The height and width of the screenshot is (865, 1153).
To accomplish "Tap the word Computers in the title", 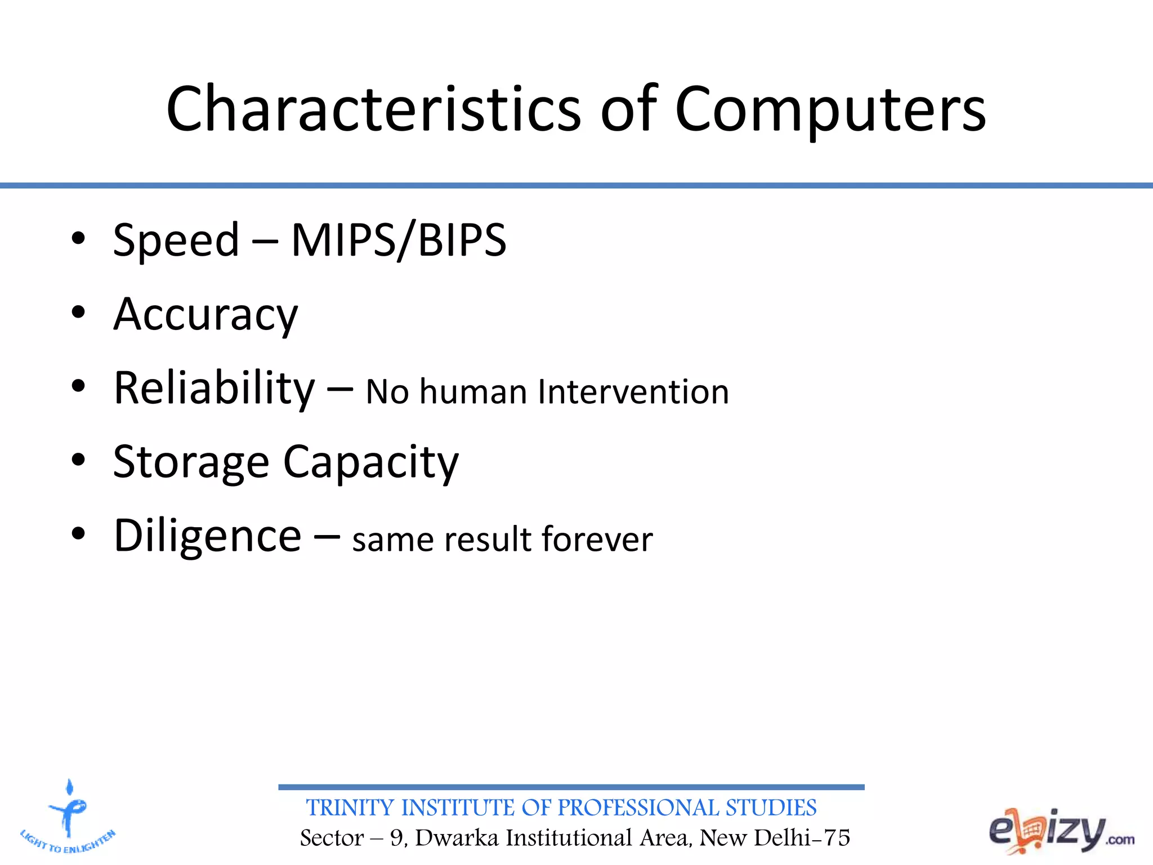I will [830, 110].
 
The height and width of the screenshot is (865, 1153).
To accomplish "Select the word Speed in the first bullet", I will [176, 240].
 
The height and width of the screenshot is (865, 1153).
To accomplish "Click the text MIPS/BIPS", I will [399, 240].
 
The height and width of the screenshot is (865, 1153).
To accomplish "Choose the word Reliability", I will [214, 389].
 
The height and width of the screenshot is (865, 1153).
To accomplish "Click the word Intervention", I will [633, 392].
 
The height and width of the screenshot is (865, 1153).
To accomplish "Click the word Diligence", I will [207, 536].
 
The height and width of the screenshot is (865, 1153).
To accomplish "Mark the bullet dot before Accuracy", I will [78, 312].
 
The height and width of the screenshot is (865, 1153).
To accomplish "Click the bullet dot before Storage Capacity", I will [78, 460].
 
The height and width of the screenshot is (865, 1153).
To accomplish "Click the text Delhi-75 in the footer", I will [802, 839].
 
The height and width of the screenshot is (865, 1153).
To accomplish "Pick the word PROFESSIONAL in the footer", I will [638, 808].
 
